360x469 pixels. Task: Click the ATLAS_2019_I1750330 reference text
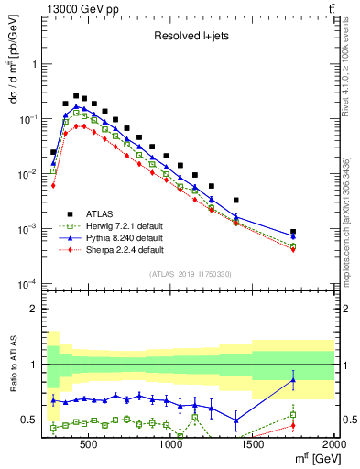click(x=190, y=273)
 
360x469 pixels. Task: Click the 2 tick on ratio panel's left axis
click(x=33, y=309)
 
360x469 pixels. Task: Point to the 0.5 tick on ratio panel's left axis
click(x=29, y=420)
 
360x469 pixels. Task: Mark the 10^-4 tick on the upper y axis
click(x=28, y=283)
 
